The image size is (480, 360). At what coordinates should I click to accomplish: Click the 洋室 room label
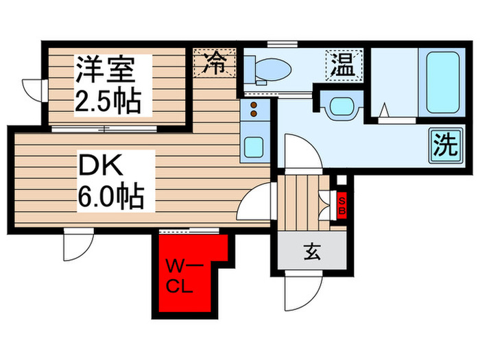(104, 71)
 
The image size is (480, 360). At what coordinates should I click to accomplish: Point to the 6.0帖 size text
(110, 198)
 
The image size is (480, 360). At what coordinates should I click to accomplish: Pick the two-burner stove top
(253, 110)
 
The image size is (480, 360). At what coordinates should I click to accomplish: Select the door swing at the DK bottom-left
(74, 245)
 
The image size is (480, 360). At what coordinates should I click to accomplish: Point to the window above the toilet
(283, 45)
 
